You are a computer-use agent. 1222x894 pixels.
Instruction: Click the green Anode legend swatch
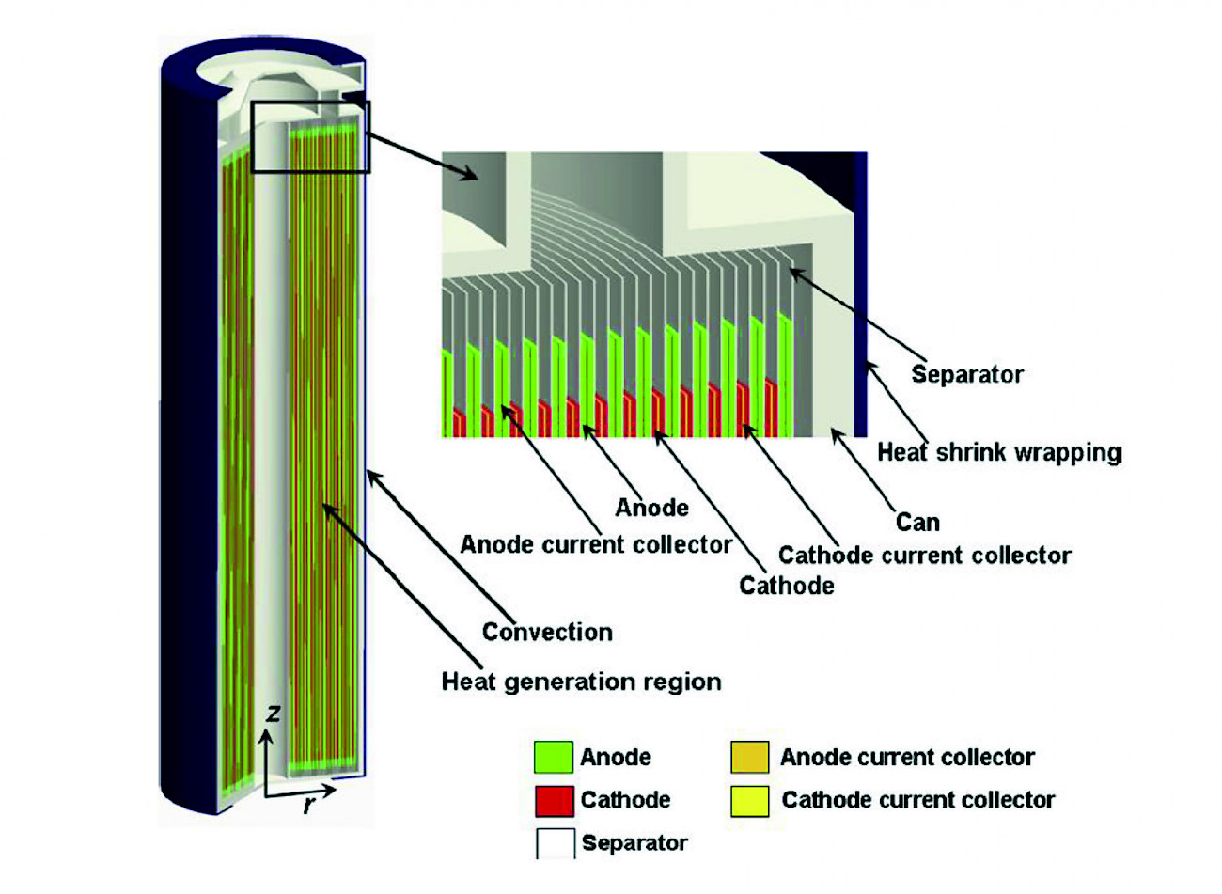(x=553, y=757)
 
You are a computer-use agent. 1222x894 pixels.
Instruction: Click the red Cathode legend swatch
(x=554, y=800)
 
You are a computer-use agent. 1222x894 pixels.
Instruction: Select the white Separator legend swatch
(x=555, y=844)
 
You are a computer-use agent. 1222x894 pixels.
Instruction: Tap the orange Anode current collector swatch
(x=750, y=757)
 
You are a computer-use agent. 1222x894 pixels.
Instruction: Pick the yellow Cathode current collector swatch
(x=750, y=801)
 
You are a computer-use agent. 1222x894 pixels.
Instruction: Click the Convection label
(x=547, y=632)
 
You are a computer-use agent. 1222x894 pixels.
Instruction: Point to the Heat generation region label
(x=582, y=682)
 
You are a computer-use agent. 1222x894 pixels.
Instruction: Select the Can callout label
(x=917, y=523)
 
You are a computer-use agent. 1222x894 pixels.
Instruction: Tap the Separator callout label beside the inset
(x=967, y=375)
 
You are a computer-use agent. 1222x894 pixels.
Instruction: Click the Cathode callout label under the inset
(x=787, y=586)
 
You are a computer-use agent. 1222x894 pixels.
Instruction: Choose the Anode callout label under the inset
(x=652, y=508)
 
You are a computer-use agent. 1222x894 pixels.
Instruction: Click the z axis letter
(x=273, y=714)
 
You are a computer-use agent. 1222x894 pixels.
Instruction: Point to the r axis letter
(x=309, y=804)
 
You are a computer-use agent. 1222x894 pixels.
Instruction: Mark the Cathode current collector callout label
(x=925, y=556)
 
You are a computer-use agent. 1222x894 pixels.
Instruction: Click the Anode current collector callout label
(x=596, y=544)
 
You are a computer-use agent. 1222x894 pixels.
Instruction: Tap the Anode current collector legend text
(x=907, y=757)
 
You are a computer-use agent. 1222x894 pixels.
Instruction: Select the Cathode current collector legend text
(x=918, y=800)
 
